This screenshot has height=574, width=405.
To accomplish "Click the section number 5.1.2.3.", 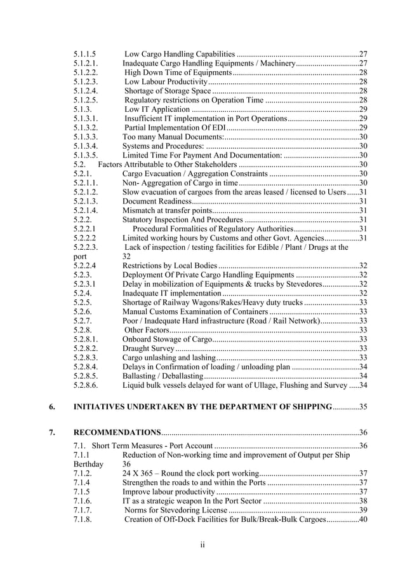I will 86,82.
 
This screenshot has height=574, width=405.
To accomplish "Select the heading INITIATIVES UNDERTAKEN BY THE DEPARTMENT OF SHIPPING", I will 203,406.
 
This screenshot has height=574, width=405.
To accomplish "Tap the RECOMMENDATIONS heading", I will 117,432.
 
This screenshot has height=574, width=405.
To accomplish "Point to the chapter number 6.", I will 51,406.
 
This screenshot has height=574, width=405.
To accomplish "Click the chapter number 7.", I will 51,432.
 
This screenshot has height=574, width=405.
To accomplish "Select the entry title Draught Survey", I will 148,348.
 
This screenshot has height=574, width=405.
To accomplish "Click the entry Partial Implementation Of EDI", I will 172,127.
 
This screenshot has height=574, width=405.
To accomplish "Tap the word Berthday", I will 88,464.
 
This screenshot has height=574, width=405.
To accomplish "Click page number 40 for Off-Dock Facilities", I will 364,519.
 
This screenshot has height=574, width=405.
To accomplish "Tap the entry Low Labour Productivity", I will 166,82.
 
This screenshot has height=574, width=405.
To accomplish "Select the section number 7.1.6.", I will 84,501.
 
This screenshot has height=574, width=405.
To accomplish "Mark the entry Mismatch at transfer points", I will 167,210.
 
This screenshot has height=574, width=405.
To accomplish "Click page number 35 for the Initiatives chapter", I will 364,406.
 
